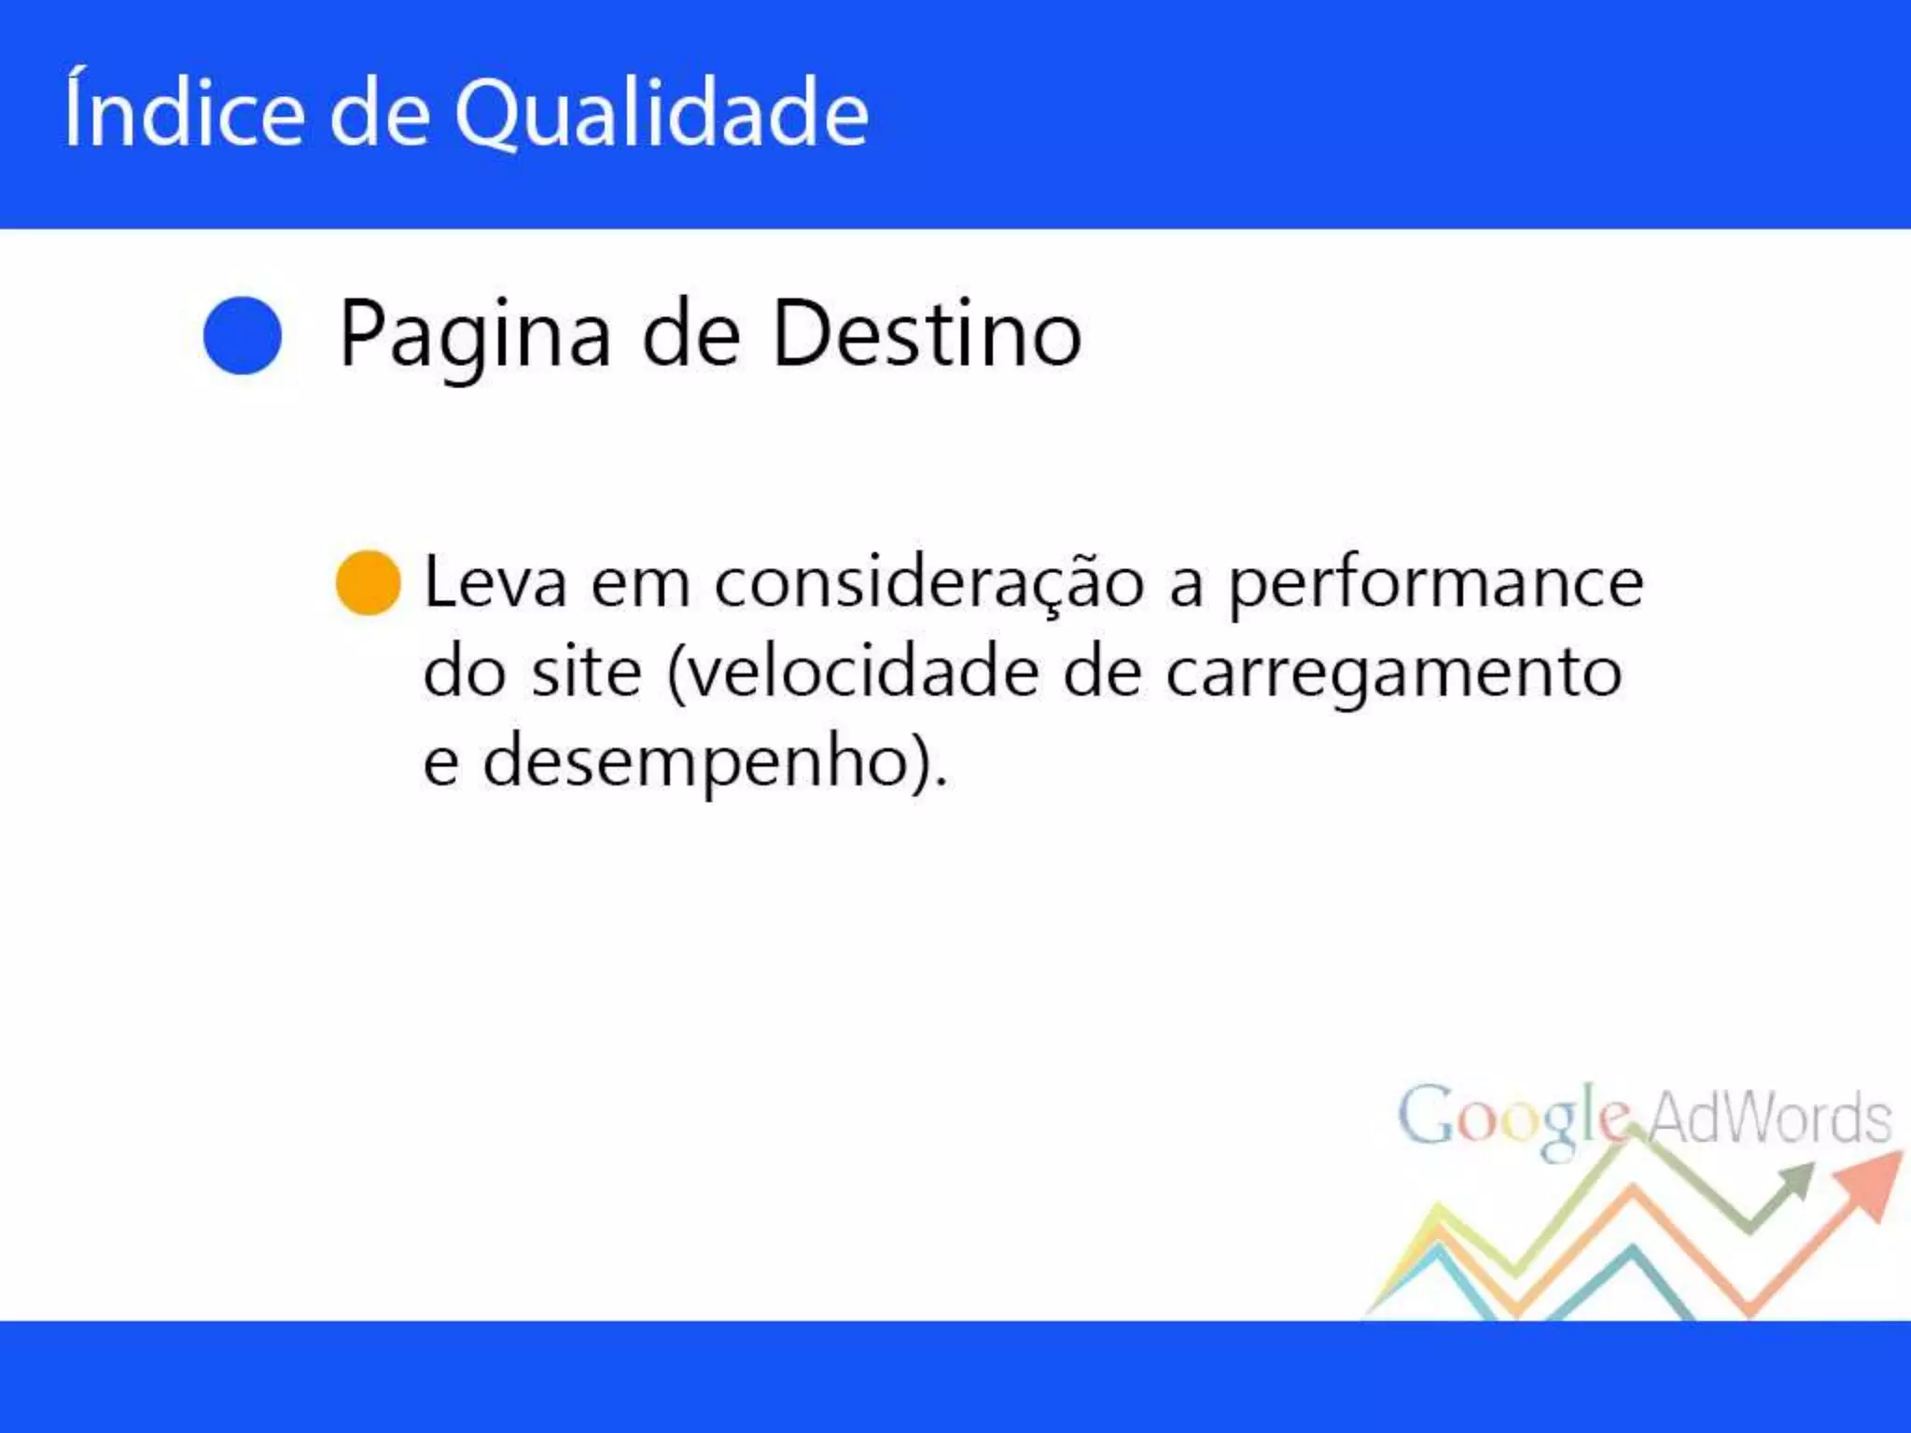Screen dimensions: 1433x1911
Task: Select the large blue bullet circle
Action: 243,336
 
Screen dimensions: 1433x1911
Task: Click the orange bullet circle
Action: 369,583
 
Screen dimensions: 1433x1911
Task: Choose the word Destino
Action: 927,334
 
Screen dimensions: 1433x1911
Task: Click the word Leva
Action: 495,583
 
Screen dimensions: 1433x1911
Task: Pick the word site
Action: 587,672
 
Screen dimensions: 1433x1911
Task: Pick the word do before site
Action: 464,672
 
